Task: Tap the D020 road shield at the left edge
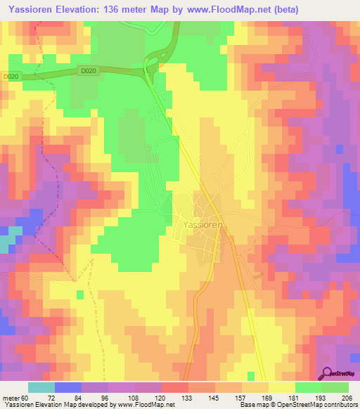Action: click(9, 77)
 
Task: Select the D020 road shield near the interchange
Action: click(87, 70)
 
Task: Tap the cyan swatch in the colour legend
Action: click(41, 387)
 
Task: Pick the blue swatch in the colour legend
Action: click(67, 387)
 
